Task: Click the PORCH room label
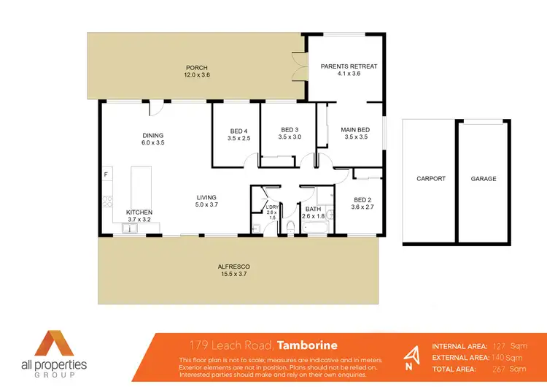click(196, 67)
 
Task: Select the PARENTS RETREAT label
click(349, 66)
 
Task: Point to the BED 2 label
click(362, 199)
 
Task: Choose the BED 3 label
click(290, 131)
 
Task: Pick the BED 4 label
click(239, 131)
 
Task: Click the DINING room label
click(152, 135)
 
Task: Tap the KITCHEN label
click(139, 212)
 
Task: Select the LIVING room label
click(206, 197)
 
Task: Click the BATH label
click(314, 209)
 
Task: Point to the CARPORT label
click(430, 179)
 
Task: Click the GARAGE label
click(483, 179)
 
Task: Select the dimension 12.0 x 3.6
click(196, 74)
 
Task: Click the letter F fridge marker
click(106, 175)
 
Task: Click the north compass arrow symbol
click(413, 356)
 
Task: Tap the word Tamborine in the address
click(308, 345)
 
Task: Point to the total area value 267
click(501, 369)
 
